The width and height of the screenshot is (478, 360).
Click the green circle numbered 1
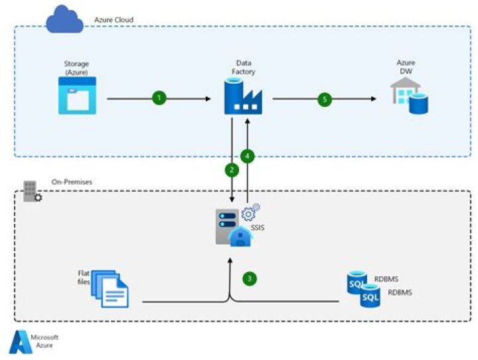point(159,98)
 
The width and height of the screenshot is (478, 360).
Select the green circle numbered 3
point(249,279)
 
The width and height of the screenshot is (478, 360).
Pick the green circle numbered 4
point(248,157)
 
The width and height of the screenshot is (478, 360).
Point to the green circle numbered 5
point(324,98)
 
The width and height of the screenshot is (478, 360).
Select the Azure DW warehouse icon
point(406,96)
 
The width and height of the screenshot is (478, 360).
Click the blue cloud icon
point(64,20)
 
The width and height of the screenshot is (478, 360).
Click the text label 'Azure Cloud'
point(112,21)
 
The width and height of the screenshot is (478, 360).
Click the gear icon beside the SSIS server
point(250,213)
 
